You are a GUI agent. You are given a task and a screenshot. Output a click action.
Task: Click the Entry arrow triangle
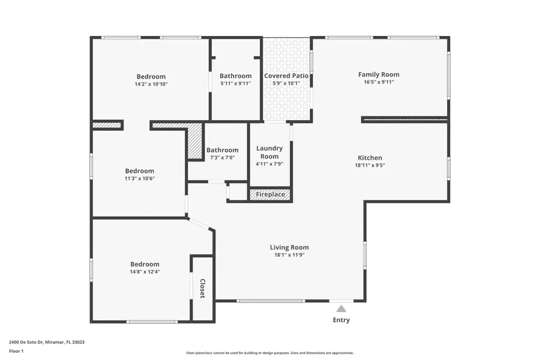pos(341,308)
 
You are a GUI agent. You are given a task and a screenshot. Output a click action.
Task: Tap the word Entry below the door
pos(341,320)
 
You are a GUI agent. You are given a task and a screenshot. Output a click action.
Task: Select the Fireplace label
pos(270,194)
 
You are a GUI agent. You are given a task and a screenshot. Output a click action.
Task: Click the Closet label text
pos(203,288)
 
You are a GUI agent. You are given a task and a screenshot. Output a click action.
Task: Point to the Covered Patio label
pos(286,76)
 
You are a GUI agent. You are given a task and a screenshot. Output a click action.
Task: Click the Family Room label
pos(379,74)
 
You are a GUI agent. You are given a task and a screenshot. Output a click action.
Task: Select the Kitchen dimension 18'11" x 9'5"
pos(370,166)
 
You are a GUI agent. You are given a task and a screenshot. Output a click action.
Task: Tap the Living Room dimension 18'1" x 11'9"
pos(289,255)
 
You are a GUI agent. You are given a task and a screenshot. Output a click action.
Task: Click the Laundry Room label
pos(269,152)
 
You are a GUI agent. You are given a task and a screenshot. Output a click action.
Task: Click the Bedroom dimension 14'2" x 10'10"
pos(151,84)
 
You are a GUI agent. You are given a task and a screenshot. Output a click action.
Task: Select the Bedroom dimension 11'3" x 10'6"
pos(139,178)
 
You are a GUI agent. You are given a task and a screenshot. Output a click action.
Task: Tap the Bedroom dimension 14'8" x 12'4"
pos(145,272)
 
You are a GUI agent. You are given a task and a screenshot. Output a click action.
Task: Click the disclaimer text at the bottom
pos(269,353)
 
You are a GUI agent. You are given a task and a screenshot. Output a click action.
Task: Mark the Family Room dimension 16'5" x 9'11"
pos(379,82)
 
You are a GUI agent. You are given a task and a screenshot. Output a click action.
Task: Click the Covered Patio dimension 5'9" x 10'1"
pos(286,83)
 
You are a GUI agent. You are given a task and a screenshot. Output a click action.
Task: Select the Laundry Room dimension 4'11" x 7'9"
pos(269,164)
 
